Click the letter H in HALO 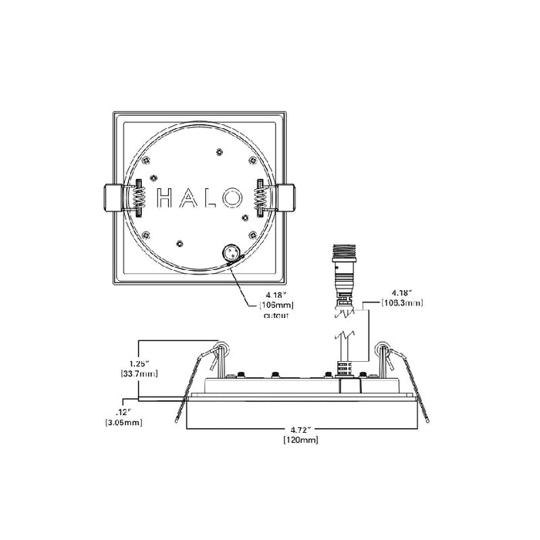click(164, 197)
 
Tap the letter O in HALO click(231, 197)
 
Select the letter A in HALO click(187, 197)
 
